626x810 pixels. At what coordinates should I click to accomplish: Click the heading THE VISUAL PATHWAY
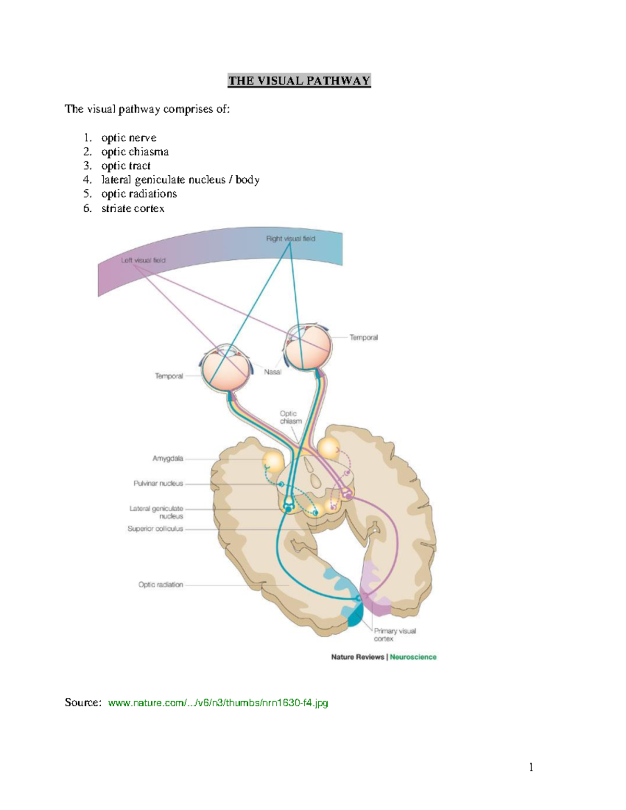point(299,81)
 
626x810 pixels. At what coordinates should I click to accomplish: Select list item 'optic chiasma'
point(135,152)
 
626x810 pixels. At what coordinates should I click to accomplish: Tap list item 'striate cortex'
point(133,209)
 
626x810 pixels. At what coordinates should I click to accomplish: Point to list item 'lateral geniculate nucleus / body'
point(180,180)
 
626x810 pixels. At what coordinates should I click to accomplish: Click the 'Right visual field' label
point(291,239)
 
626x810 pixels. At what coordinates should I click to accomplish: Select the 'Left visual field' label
point(143,260)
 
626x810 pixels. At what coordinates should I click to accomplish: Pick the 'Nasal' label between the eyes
point(272,372)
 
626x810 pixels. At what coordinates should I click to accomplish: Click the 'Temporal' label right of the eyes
point(364,337)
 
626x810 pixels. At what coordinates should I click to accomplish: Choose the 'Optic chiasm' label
point(290,417)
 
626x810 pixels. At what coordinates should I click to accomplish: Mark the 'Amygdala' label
point(167,458)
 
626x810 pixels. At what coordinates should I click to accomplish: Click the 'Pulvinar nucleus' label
point(158,483)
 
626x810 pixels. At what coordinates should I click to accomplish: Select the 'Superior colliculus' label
point(155,529)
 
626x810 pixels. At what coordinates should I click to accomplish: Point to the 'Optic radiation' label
point(160,585)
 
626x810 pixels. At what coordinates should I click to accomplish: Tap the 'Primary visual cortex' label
point(394,635)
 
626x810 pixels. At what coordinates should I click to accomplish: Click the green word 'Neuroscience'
point(413,657)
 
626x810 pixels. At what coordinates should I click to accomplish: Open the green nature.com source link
point(218,703)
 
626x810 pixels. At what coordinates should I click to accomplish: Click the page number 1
point(531,767)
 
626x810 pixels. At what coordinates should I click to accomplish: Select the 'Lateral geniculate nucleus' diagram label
point(156,512)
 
